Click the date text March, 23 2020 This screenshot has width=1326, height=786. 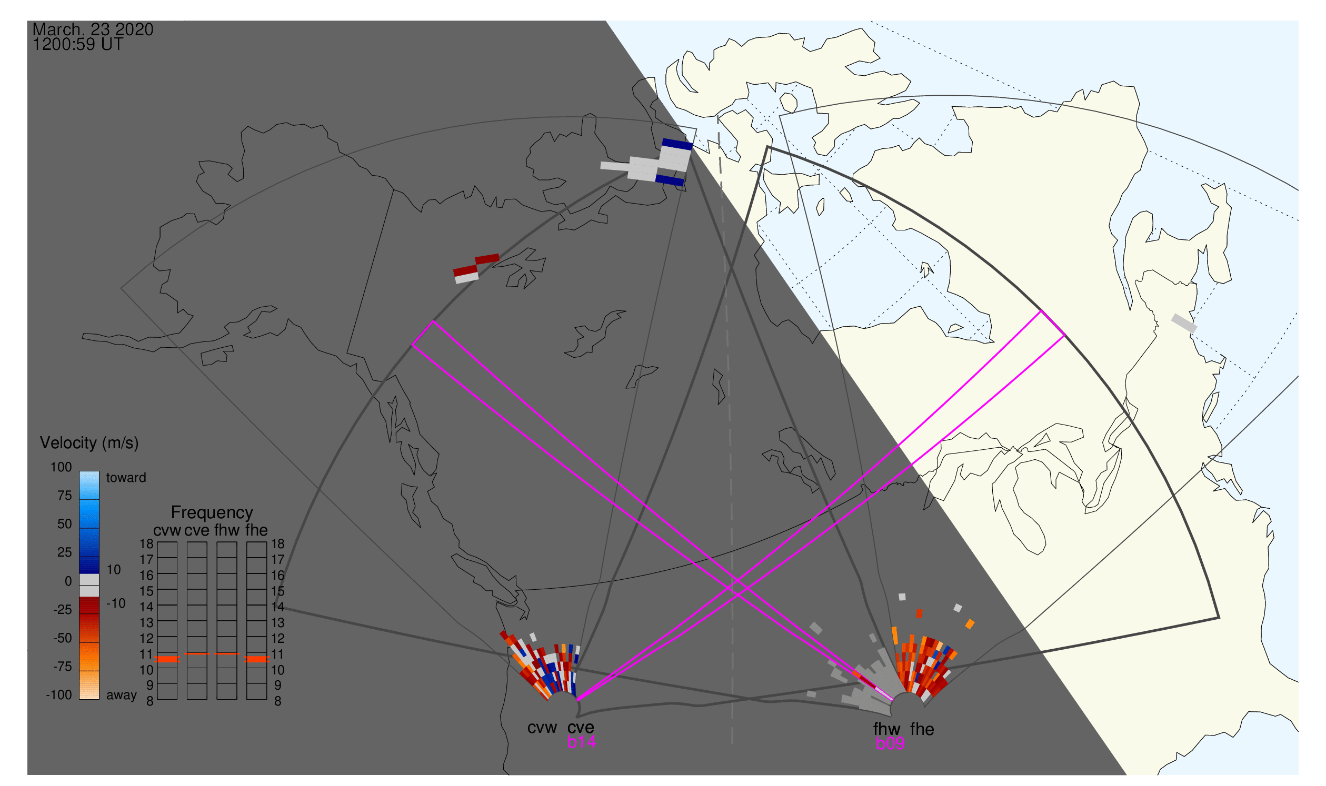point(93,29)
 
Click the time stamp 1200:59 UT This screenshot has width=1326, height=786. point(78,45)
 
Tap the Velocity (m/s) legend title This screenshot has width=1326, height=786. point(89,443)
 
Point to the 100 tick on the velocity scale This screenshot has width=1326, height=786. point(61,467)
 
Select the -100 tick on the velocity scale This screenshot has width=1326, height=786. point(59,695)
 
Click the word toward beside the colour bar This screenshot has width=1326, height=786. point(126,478)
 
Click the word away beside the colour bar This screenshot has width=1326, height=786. point(122,696)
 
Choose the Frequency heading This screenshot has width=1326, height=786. point(212,513)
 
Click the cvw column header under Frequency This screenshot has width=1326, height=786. point(167,531)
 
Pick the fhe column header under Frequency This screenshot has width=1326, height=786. point(256,531)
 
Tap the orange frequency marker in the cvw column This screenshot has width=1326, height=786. point(167,659)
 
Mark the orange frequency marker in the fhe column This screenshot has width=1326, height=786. point(257,659)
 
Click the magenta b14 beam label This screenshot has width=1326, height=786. point(581,742)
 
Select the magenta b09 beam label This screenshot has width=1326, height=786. point(890,744)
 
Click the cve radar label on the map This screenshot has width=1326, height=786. point(580,728)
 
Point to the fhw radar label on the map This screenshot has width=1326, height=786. point(886,729)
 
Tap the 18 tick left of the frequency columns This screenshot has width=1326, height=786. point(146,544)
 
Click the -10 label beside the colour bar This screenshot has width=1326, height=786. point(116,604)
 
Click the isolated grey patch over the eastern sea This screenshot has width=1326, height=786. point(1184,323)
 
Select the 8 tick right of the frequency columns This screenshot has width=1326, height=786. point(278,701)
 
